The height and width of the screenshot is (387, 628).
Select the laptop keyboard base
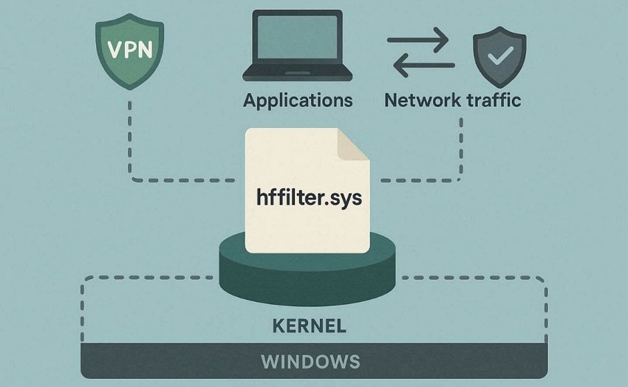point(297,73)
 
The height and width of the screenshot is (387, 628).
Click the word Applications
point(298,100)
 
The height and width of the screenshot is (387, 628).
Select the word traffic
point(492,100)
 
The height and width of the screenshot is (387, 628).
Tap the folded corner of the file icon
point(353,144)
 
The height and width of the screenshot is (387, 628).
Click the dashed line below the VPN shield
point(130,140)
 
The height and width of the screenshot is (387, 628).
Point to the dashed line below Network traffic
point(462,148)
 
